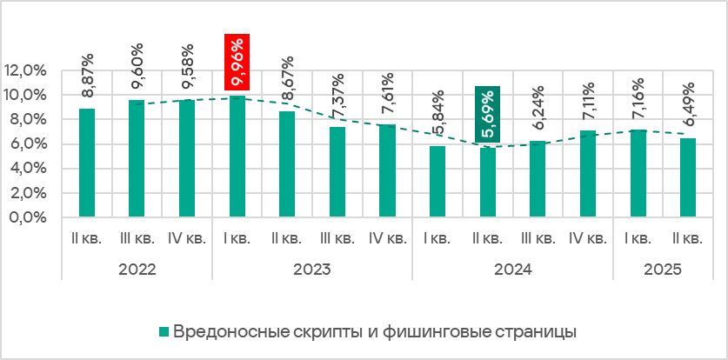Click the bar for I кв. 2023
(x=237, y=157)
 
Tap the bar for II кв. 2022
(x=86, y=163)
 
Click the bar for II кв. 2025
(x=687, y=177)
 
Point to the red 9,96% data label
(x=237, y=62)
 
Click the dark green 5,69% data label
(x=487, y=114)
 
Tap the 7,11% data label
(x=588, y=102)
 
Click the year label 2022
(x=137, y=270)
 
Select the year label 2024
(x=512, y=270)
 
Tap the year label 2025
(x=663, y=270)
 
